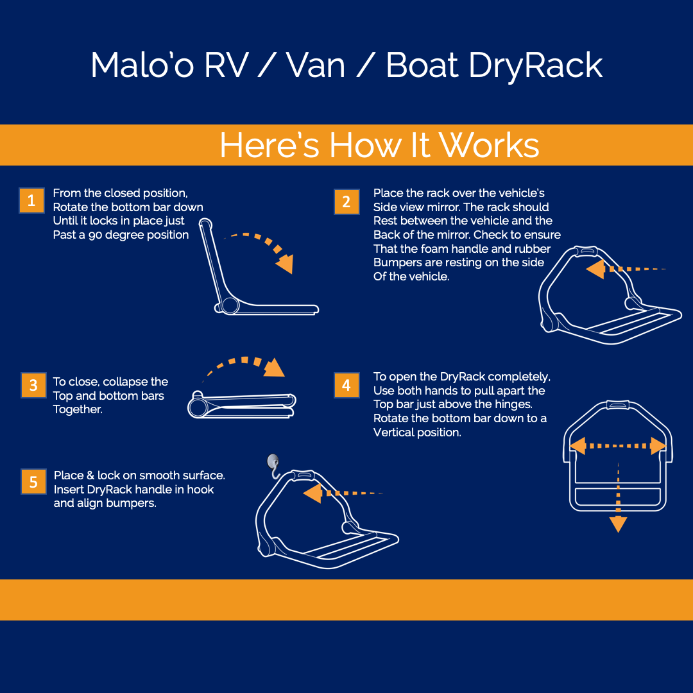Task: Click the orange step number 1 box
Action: [32, 201]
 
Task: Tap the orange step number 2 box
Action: [346, 201]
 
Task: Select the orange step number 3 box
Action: [33, 385]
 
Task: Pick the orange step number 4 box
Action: [346, 385]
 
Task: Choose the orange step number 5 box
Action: [33, 481]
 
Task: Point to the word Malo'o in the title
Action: [142, 65]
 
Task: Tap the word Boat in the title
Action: [422, 65]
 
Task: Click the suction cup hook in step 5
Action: [273, 465]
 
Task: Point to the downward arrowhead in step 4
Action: [618, 524]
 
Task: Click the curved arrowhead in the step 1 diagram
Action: [285, 264]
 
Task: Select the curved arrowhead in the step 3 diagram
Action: [275, 368]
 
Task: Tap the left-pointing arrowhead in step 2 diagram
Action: [595, 269]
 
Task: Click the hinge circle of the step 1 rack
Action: [230, 305]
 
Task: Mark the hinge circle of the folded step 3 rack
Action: [198, 407]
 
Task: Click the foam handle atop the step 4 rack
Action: [618, 405]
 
